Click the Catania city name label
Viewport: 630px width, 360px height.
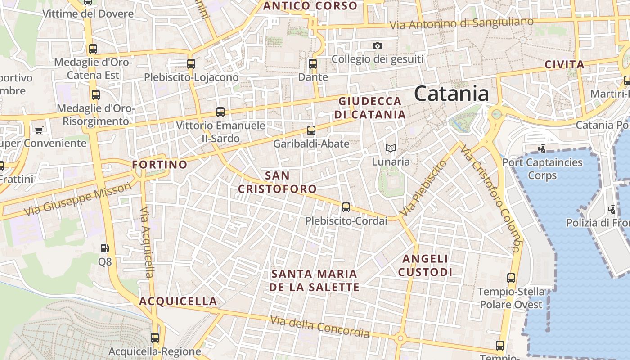point(451,94)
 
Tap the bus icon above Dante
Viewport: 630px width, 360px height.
point(313,64)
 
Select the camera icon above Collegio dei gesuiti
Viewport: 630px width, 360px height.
point(378,46)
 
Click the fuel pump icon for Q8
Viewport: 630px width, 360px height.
point(104,248)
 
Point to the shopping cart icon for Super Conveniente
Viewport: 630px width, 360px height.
point(39,130)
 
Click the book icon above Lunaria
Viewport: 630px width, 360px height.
point(390,148)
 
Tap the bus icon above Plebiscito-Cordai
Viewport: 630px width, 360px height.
point(346,207)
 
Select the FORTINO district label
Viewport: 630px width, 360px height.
point(160,165)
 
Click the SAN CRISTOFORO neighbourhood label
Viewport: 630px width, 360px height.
point(277,182)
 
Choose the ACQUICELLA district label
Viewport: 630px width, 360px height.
point(178,301)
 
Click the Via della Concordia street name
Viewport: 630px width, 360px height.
point(319,327)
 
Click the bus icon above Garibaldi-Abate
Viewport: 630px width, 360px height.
point(311,130)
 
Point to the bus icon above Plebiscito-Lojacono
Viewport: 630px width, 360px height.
point(191,64)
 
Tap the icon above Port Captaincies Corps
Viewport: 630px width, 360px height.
point(542,148)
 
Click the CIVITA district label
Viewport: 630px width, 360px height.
point(564,64)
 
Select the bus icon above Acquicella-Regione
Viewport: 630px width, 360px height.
point(155,337)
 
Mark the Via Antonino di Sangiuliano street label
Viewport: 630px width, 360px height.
point(461,23)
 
